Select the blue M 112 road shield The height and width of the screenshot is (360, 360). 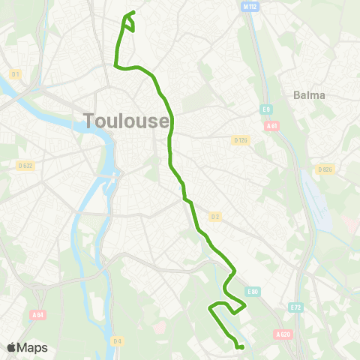(250, 6)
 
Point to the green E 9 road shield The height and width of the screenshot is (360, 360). (265, 110)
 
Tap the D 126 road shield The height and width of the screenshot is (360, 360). (240, 140)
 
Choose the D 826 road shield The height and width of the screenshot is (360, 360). (324, 169)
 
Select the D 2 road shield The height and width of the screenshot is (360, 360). (215, 217)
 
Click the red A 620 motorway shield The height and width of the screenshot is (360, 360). (283, 334)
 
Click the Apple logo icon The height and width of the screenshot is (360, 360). (11, 347)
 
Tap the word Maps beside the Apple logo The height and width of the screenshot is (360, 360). (32, 348)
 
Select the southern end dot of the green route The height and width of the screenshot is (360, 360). (240, 347)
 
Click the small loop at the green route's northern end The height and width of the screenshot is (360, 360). (128, 22)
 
